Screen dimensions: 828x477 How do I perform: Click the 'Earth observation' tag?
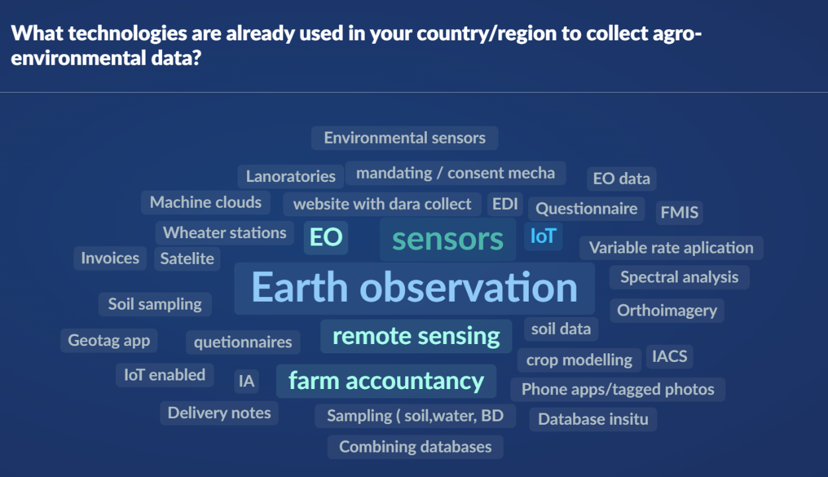click(x=414, y=288)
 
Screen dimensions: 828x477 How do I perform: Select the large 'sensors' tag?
click(x=447, y=239)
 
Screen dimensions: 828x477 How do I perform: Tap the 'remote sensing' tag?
click(x=416, y=336)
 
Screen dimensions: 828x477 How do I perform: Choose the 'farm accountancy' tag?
click(x=387, y=381)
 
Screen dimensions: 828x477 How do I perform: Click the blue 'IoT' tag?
click(x=543, y=236)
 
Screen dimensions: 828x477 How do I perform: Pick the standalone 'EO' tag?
click(x=326, y=238)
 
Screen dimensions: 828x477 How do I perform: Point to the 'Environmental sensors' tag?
click(x=405, y=138)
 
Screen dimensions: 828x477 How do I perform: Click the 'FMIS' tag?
click(x=679, y=212)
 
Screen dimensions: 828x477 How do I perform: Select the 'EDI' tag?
click(x=505, y=204)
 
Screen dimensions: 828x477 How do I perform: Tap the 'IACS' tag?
click(x=669, y=357)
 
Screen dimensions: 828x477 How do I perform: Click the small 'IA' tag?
click(x=247, y=381)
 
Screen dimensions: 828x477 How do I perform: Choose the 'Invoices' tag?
click(x=110, y=258)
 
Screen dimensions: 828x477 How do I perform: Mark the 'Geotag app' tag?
click(x=109, y=340)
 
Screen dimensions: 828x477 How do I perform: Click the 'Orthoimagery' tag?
click(x=667, y=311)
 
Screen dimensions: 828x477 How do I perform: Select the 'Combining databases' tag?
click(x=416, y=447)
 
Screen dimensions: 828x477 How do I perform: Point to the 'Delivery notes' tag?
click(x=219, y=413)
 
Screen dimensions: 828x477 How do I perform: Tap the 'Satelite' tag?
click(x=187, y=259)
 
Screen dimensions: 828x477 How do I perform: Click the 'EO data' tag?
click(x=621, y=179)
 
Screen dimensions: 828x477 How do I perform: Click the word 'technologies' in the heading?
click(x=128, y=33)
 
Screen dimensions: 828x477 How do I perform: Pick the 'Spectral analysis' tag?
click(x=679, y=277)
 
